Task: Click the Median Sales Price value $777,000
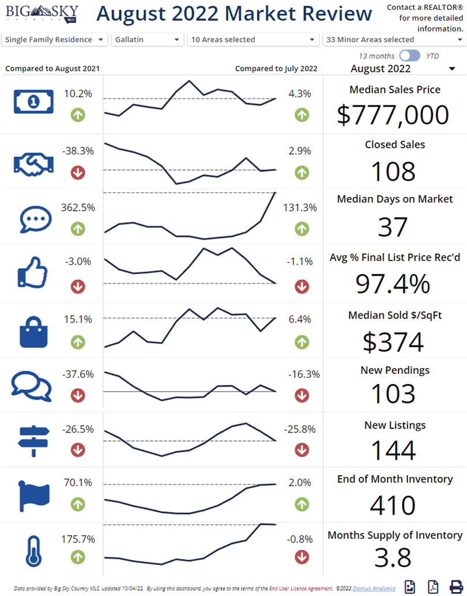click(x=393, y=115)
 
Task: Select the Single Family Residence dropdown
click(x=55, y=40)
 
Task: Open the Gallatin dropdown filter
click(x=147, y=40)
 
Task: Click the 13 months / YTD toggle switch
click(x=410, y=56)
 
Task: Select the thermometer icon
click(x=32, y=552)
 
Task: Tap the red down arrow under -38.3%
click(x=78, y=172)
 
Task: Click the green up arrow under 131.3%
click(x=302, y=229)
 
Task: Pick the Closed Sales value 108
click(x=393, y=171)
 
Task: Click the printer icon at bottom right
click(x=456, y=587)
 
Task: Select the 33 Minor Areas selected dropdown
click(x=394, y=40)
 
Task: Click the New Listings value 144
click(x=393, y=450)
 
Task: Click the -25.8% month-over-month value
click(x=302, y=429)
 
